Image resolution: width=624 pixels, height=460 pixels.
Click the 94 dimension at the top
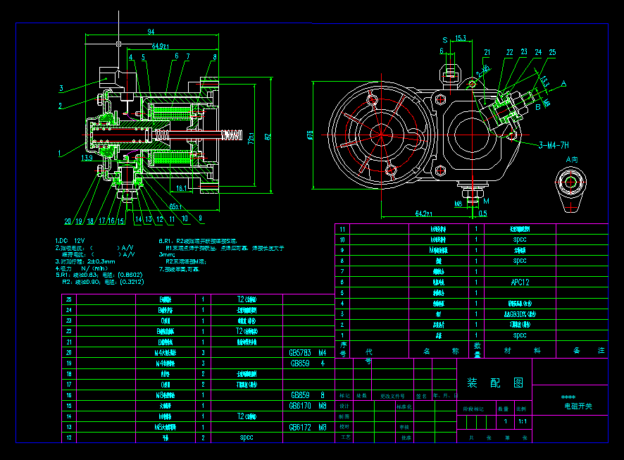pos(151,32)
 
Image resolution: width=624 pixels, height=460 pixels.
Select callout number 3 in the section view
pos(61,89)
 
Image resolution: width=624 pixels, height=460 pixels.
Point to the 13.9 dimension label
pos(87,158)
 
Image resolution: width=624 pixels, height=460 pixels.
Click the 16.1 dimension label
pos(182,188)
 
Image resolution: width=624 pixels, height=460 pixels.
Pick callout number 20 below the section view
pos(68,221)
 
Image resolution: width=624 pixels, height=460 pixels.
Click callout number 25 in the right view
pos(551,52)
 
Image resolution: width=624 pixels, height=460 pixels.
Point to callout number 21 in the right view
pos(487,52)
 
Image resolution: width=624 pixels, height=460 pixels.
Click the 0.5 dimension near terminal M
pos(482,213)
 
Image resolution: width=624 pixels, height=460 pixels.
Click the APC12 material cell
pos(520,282)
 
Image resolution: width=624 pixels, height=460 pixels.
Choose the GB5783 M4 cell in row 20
pos(308,352)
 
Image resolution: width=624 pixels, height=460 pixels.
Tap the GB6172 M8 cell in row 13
pos(308,427)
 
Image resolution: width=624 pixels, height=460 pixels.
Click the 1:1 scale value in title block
pos(522,422)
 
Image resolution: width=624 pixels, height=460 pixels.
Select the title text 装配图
pos(495,383)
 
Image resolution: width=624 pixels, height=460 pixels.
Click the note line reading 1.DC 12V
pos(70,240)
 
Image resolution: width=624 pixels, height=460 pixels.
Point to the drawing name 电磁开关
pos(578,406)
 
